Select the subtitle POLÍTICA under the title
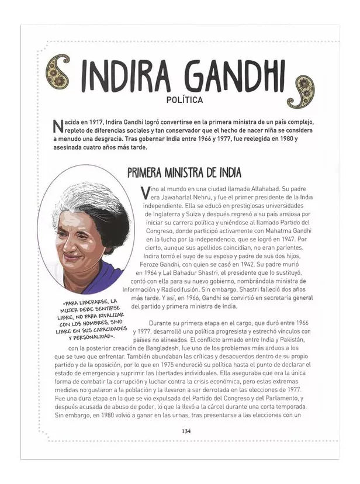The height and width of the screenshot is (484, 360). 185,100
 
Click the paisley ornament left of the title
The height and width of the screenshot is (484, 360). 58,71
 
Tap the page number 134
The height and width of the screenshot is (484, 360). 186,431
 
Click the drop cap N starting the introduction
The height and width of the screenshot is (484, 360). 57,126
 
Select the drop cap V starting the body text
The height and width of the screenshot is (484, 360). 146,193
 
